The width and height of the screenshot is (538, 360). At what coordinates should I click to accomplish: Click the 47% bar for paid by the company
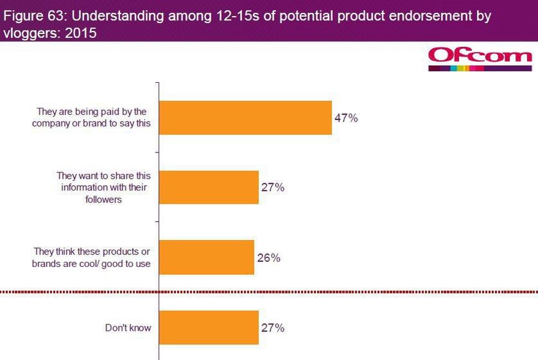tap(245, 117)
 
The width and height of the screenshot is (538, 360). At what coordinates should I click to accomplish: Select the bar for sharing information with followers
tap(209, 187)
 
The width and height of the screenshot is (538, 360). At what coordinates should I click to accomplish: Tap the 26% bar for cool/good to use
tap(207, 257)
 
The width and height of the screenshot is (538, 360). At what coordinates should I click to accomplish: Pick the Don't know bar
tap(209, 328)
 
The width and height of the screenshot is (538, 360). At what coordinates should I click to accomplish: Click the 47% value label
tap(345, 118)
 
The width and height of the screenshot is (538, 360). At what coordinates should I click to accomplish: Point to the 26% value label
tap(268, 258)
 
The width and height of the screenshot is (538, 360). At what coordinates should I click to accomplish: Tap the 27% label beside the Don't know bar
tap(272, 328)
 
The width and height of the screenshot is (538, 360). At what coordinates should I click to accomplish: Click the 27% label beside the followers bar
tap(272, 187)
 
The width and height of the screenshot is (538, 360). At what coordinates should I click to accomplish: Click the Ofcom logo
tap(480, 58)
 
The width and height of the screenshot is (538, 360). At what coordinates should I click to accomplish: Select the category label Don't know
tap(128, 328)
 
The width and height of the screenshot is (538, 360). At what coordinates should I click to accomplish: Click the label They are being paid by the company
tap(92, 117)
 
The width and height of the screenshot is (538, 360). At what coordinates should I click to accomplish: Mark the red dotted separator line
tap(269, 293)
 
